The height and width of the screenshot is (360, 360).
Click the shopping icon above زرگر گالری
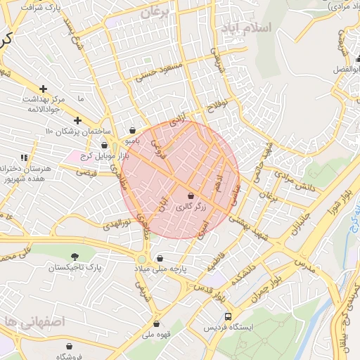tap(191, 195)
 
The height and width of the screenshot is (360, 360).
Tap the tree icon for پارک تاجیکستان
tap(75, 257)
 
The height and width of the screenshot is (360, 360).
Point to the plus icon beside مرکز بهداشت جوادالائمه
tap(44, 89)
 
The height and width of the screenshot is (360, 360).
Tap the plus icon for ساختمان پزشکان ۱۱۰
tap(78, 120)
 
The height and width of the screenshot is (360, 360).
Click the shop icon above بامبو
tap(134, 129)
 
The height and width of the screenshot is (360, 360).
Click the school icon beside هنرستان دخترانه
tap(23, 158)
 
